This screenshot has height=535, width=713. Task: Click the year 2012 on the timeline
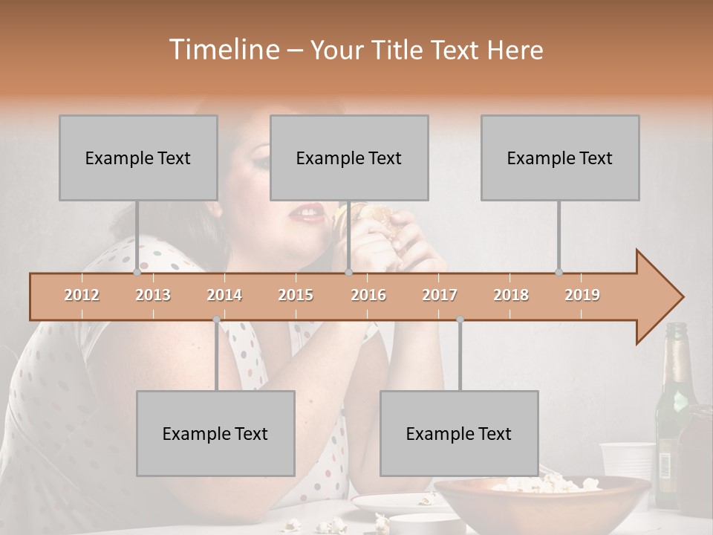tap(82, 295)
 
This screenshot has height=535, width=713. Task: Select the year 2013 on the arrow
tap(153, 295)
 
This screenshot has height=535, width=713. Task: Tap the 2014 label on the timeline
tap(224, 295)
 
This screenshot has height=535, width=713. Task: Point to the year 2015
tap(296, 295)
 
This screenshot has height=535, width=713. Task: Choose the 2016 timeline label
tap(368, 295)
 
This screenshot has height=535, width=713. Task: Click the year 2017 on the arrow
tap(440, 295)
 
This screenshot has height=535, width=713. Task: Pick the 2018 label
tap(511, 295)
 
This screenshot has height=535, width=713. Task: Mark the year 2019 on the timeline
tap(582, 295)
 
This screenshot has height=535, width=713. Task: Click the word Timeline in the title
tap(223, 50)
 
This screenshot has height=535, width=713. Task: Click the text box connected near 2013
tap(138, 158)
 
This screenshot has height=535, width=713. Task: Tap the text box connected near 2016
tap(349, 158)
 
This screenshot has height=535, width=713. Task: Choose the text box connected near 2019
tap(560, 158)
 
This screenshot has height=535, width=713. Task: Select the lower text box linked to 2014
tap(215, 433)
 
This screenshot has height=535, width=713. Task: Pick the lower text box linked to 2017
tap(459, 433)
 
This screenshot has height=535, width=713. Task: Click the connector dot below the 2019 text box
tap(559, 272)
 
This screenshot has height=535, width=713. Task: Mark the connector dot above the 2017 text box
tap(460, 320)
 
